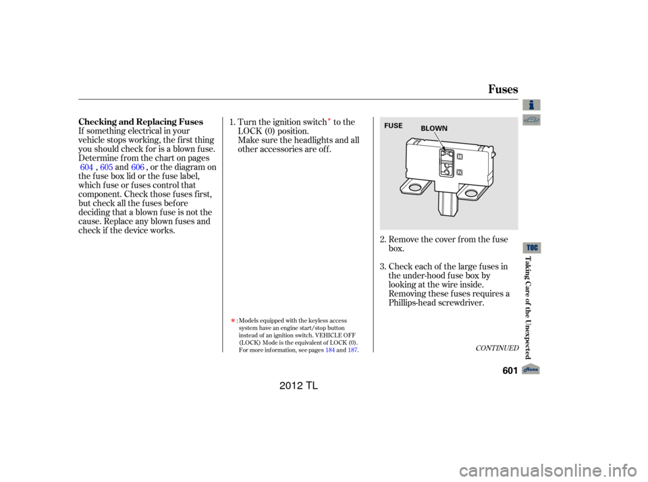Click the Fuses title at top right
(x=502, y=89)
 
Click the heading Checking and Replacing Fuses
(x=140, y=122)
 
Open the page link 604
(x=86, y=167)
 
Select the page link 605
(x=106, y=167)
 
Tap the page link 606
(x=138, y=167)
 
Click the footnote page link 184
(x=330, y=350)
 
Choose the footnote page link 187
(x=352, y=350)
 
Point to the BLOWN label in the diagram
(x=434, y=128)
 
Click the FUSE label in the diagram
(x=393, y=126)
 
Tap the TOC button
(x=533, y=248)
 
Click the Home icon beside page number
(x=531, y=369)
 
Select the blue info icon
(x=531, y=105)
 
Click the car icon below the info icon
(x=531, y=120)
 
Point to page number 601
(x=510, y=371)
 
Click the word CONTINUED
(x=497, y=348)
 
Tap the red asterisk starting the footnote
(x=233, y=321)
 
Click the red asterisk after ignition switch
(x=329, y=120)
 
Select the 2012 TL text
(x=298, y=385)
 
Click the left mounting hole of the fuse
(x=414, y=188)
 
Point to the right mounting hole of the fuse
(x=470, y=192)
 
